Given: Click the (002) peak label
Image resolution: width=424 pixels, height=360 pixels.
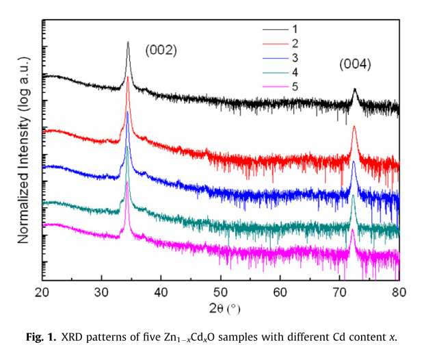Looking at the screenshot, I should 161,50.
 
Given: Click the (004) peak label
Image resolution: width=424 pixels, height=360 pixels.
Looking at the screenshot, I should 356,65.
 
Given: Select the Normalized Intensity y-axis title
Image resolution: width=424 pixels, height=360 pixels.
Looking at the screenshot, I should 23,151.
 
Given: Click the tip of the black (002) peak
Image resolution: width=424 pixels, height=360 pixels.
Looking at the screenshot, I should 128,42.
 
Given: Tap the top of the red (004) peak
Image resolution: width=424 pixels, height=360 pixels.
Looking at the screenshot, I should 354,127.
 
